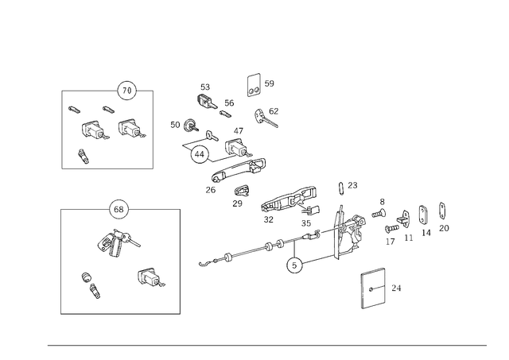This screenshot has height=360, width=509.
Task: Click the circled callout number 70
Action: click(126, 91)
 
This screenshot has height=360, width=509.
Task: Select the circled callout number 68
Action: click(119, 209)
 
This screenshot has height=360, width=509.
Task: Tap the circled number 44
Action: click(200, 154)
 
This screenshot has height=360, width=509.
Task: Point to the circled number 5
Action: click(294, 265)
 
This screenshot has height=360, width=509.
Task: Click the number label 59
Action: click(269, 83)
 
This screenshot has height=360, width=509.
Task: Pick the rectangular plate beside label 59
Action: click(254, 85)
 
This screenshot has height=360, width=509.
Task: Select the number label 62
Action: click(274, 111)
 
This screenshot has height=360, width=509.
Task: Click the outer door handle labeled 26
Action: click(238, 170)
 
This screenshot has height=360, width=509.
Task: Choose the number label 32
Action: click(269, 219)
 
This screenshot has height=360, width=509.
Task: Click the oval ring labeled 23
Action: click(340, 188)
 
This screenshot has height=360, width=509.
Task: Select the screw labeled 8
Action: click(379, 214)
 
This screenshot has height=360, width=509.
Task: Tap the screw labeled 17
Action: click(392, 229)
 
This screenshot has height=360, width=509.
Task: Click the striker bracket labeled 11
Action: click(403, 219)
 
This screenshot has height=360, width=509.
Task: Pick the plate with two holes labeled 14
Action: click(423, 215)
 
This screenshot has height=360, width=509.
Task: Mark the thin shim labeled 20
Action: click(442, 211)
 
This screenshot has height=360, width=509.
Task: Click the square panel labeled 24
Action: click(373, 288)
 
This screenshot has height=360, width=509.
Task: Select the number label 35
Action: click(306, 223)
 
